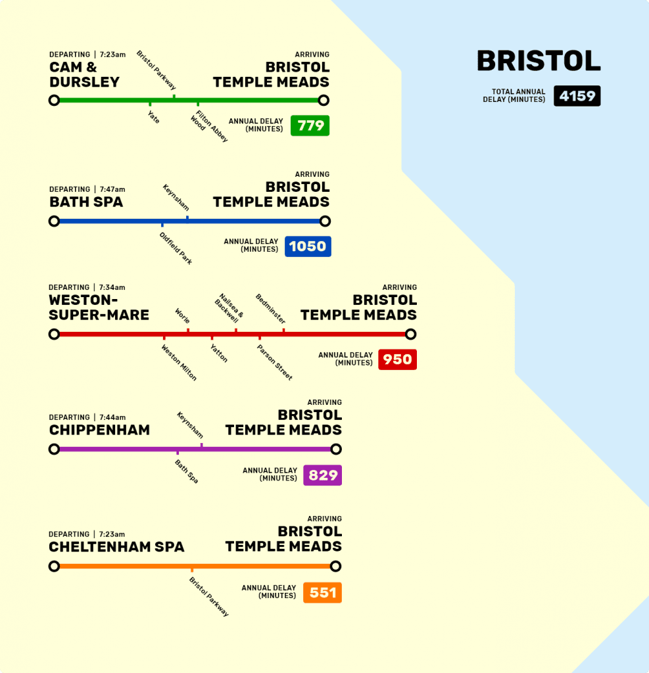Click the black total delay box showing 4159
[x=577, y=96]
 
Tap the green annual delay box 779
[x=310, y=126]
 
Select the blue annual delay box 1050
[x=308, y=246]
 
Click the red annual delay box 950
[x=397, y=360]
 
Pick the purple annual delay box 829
[x=322, y=475]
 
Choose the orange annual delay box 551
[x=322, y=593]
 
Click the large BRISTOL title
[x=539, y=61]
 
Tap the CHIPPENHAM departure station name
[x=99, y=430]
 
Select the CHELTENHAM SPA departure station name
[x=116, y=547]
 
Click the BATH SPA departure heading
[x=86, y=202]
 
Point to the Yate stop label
[x=153, y=117]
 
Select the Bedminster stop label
[x=270, y=309]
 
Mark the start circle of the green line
[x=54, y=101]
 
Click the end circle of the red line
[x=410, y=335]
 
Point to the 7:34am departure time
[x=112, y=287]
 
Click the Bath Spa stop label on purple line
[x=186, y=471]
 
